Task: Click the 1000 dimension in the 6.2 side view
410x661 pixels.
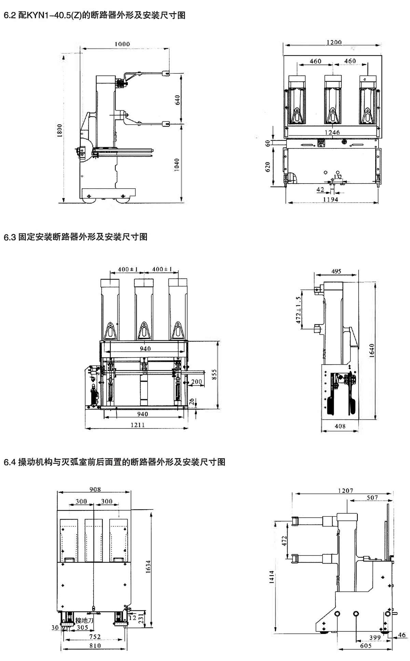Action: [x=122, y=44]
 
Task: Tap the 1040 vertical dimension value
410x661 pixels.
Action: [x=177, y=165]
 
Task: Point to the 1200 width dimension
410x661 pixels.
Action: [x=333, y=42]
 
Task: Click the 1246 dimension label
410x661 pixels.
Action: [x=332, y=132]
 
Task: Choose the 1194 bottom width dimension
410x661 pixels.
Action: [x=330, y=199]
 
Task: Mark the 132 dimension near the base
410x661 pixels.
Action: [x=338, y=177]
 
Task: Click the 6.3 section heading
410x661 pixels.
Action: [x=76, y=237]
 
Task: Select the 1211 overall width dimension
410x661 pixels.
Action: [x=137, y=425]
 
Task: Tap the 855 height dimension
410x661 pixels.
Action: [x=214, y=375]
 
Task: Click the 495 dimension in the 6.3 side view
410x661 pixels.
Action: [x=336, y=271]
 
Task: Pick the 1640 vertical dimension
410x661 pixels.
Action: [x=372, y=350]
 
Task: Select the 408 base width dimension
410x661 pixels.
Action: [x=340, y=426]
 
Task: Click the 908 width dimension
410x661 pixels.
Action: [x=95, y=489]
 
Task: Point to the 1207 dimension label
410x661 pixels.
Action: [x=345, y=490]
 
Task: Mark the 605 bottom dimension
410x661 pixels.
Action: [x=366, y=646]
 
